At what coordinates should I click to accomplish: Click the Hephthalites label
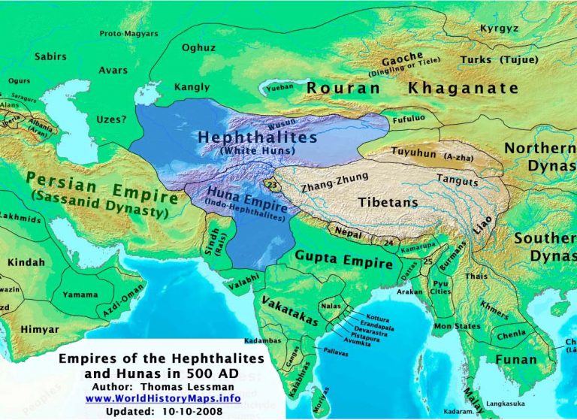click(x=258, y=138)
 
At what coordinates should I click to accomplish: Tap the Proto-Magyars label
click(x=128, y=34)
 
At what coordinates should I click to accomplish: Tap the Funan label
click(x=516, y=360)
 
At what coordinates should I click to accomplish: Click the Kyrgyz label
click(x=499, y=29)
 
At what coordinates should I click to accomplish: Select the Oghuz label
click(x=200, y=48)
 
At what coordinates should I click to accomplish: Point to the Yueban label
click(x=279, y=87)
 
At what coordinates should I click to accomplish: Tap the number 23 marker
click(x=271, y=184)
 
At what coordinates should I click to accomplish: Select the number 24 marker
click(x=388, y=242)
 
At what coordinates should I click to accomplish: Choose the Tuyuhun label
click(x=413, y=153)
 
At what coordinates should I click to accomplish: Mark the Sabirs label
click(x=50, y=56)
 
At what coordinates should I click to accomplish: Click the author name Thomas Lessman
click(x=188, y=385)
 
